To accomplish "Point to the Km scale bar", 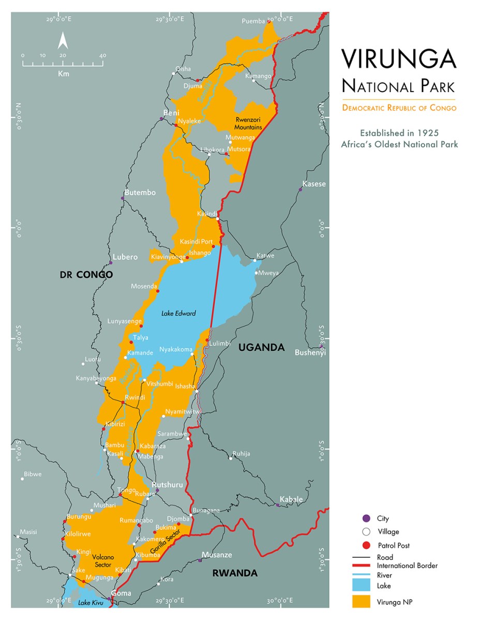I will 63,65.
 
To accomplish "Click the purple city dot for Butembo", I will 123,198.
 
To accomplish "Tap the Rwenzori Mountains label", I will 248,123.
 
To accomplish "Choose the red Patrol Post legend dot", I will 367,545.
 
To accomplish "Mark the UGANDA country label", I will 261,347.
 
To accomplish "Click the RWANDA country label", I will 235,573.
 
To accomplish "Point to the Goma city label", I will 122,593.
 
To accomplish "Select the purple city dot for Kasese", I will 300,189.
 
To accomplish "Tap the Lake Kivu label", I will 91,603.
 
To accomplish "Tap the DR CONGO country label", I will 86,275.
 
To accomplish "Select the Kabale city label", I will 291,499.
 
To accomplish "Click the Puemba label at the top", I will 253,21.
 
